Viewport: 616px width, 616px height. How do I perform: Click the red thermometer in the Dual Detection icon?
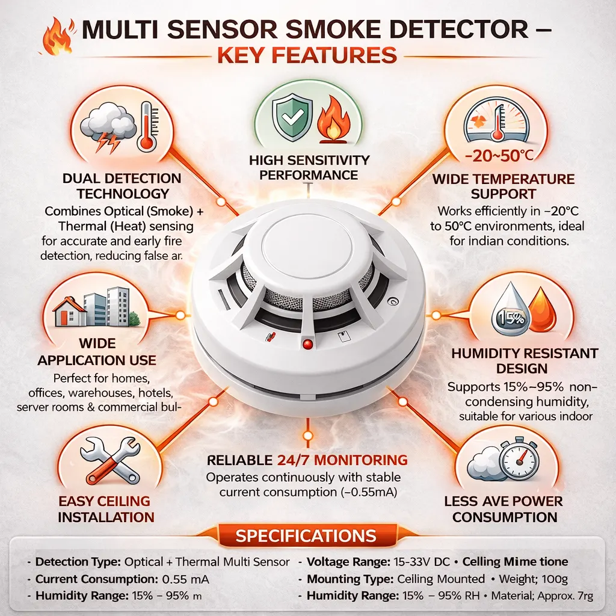point(145,126)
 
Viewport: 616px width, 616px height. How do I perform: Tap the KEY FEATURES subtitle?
point(307,55)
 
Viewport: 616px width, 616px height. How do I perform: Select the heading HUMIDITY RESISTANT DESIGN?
point(525,360)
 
